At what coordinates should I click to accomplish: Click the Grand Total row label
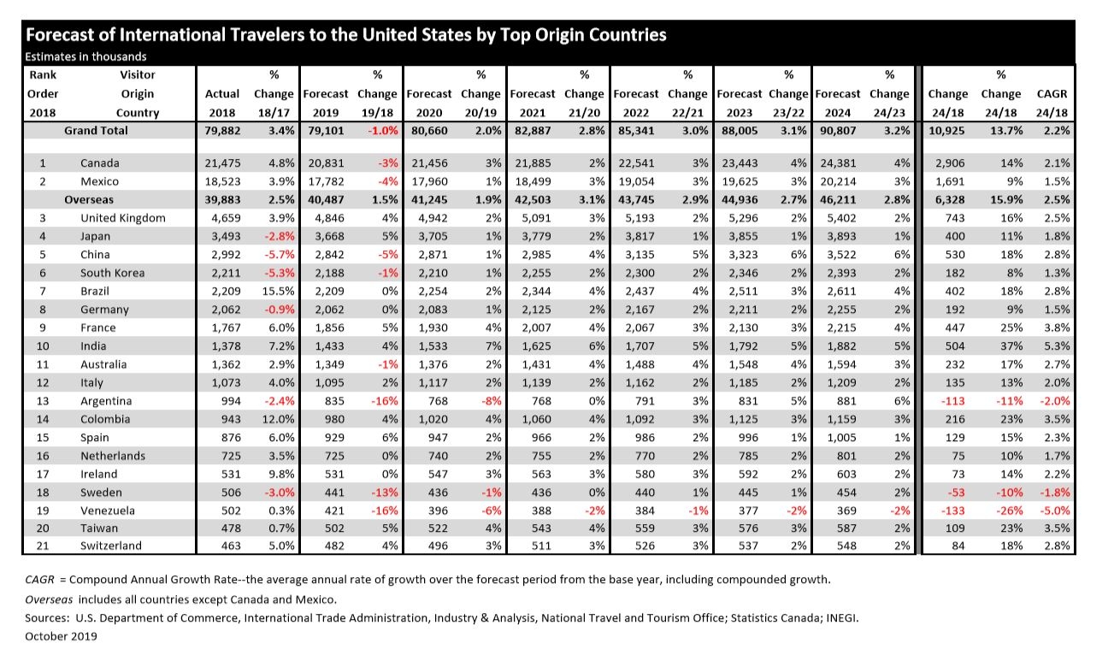pos(96,131)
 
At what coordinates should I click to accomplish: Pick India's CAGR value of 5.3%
pos(1056,346)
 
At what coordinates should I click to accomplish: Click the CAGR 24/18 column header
pos(1052,103)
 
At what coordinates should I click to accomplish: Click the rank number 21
pos(42,546)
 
